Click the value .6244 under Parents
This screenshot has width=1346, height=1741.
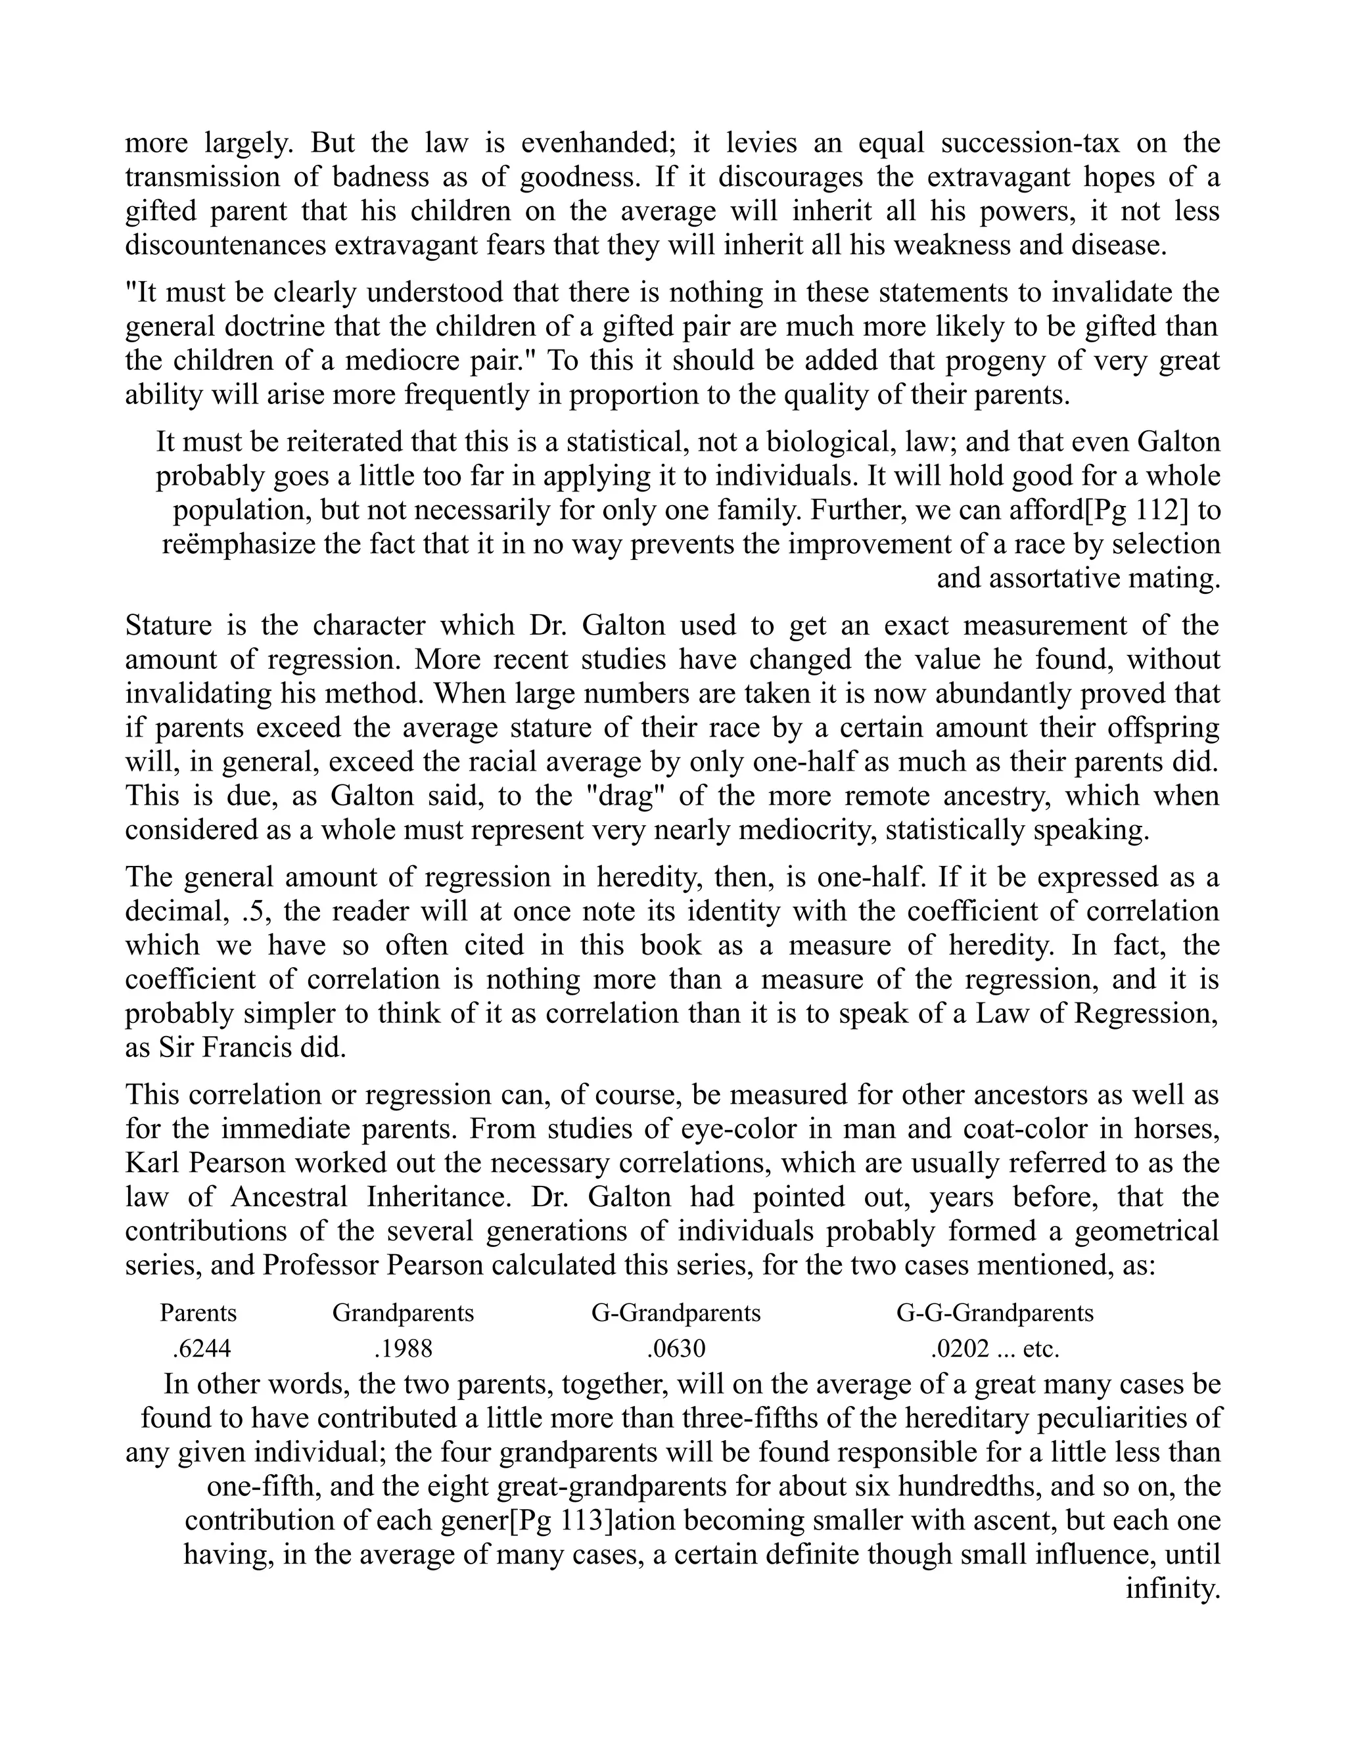coord(202,1348)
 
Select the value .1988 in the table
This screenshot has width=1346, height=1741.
coord(403,1348)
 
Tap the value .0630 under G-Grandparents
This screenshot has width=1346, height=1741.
coord(676,1348)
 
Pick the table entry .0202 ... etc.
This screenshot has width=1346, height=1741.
coord(994,1348)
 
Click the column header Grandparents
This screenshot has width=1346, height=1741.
coord(403,1312)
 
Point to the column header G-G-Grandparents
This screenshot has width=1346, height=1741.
coord(994,1312)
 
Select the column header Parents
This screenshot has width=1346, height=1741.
coord(198,1312)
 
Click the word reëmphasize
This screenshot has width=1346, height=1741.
coord(239,544)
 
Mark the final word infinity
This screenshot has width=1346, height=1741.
coord(1172,1588)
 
